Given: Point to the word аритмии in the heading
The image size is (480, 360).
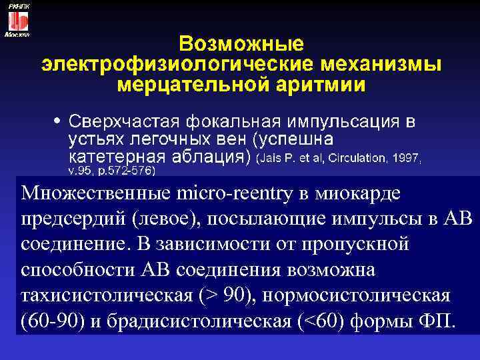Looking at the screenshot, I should pyautogui.click(x=313, y=86).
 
